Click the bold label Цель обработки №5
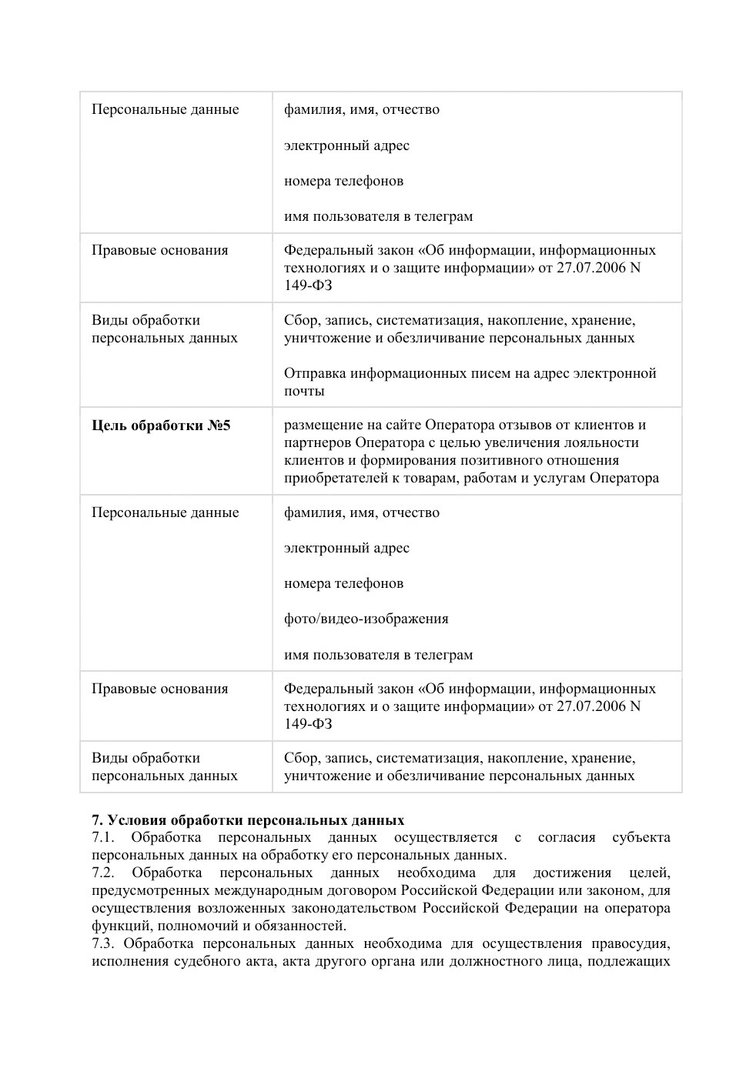tap(161, 426)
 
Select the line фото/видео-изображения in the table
tap(366, 619)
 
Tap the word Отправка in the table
tap(314, 374)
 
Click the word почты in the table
tap(304, 392)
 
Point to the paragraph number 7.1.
tap(102, 838)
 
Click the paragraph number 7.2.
tap(102, 873)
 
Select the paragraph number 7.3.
tap(102, 944)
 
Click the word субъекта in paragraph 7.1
tap(641, 838)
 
